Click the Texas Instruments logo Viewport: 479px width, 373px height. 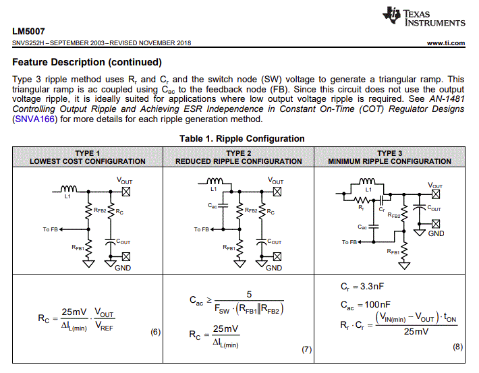(424, 16)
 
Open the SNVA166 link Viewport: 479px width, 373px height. (34, 119)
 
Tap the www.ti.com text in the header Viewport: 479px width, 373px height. (446, 43)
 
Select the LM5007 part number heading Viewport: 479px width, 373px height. (28, 31)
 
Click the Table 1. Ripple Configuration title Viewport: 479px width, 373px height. (242, 139)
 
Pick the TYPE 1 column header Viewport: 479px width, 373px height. (88, 157)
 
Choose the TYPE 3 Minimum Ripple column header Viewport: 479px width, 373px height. (389, 157)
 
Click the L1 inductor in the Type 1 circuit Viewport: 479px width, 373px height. (68, 189)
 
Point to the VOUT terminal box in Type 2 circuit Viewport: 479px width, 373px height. (277, 192)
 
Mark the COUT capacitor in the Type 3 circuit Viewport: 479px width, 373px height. (420, 208)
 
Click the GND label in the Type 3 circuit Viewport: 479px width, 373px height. (436, 233)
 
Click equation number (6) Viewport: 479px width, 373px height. (155, 332)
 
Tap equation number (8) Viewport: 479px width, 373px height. (457, 347)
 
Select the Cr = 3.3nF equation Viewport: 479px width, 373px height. (362, 287)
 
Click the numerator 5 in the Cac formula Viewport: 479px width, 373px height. (249, 295)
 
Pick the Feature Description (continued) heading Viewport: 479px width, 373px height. (87, 62)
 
